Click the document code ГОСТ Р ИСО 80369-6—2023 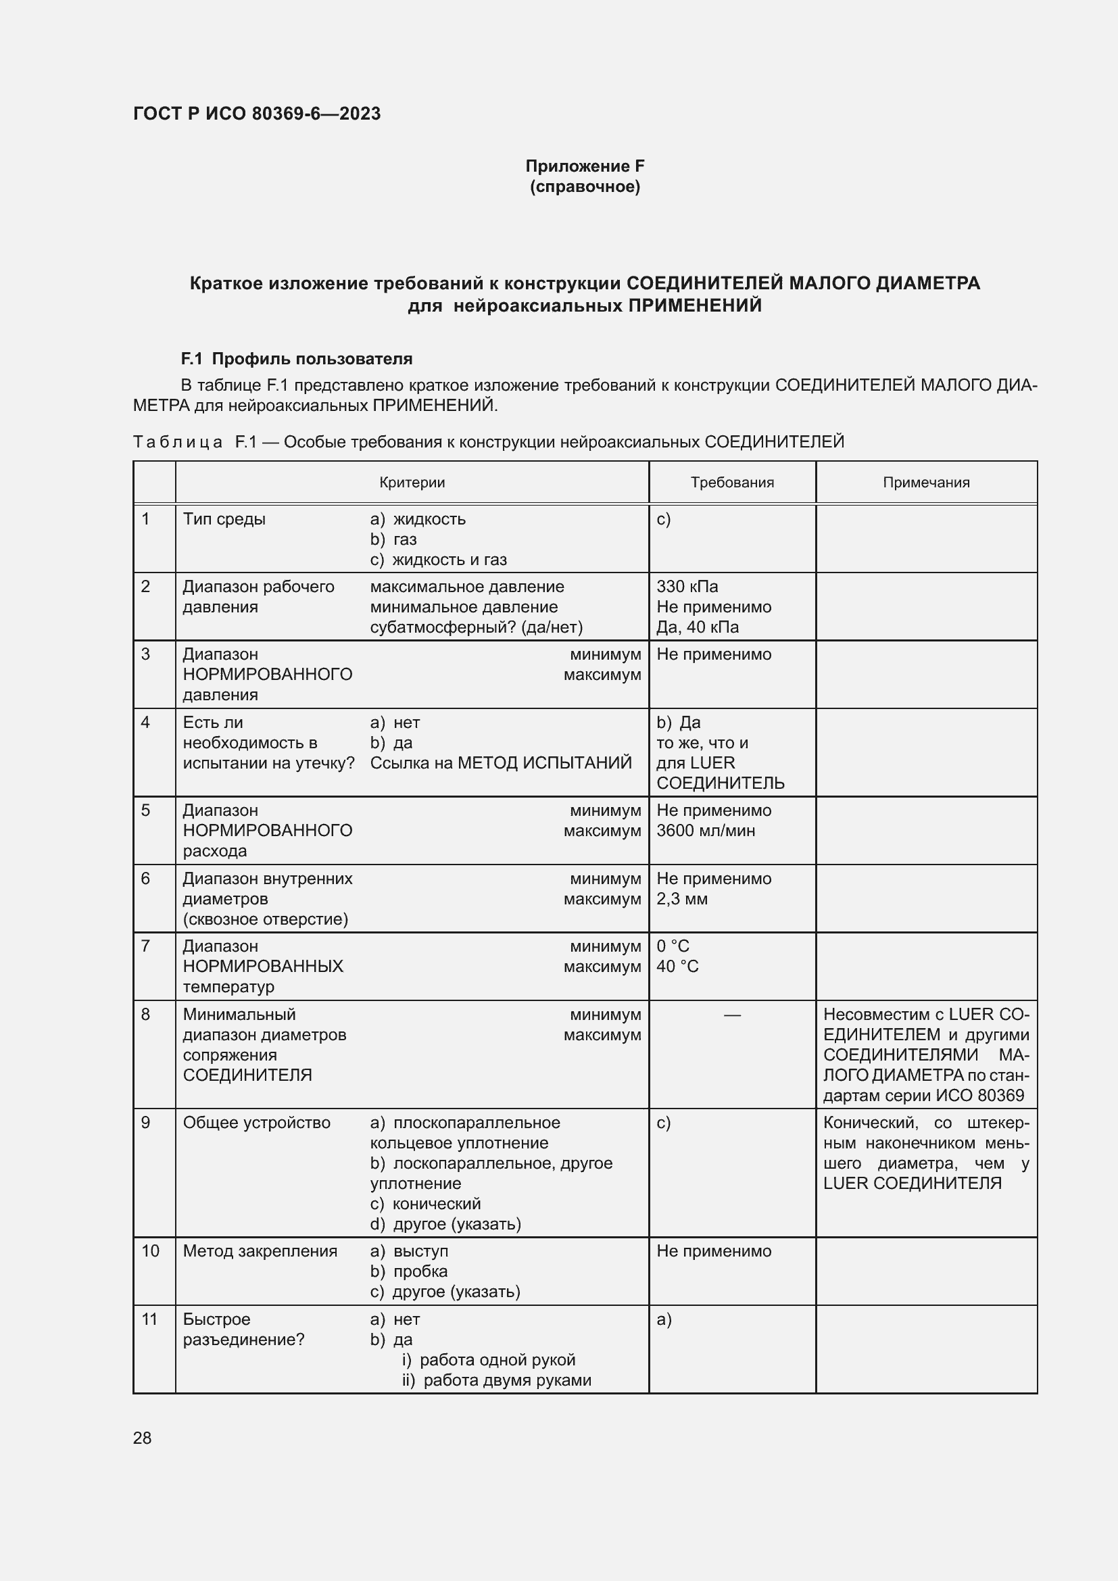click(257, 114)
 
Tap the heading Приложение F click(585, 166)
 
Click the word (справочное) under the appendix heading click(585, 187)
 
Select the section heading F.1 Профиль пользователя click(296, 359)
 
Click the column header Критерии click(412, 482)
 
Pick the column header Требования click(732, 482)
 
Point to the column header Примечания click(926, 482)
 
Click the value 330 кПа click(687, 587)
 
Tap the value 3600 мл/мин click(706, 831)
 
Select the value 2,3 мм click(681, 898)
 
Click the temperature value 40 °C click(677, 966)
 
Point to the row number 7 click(145, 946)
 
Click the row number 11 click(149, 1319)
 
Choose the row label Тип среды click(224, 519)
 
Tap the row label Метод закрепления click(260, 1251)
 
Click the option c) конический click(425, 1204)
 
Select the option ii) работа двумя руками click(496, 1380)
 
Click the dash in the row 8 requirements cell click(733, 1015)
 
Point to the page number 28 click(142, 1438)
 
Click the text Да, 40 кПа click(698, 627)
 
